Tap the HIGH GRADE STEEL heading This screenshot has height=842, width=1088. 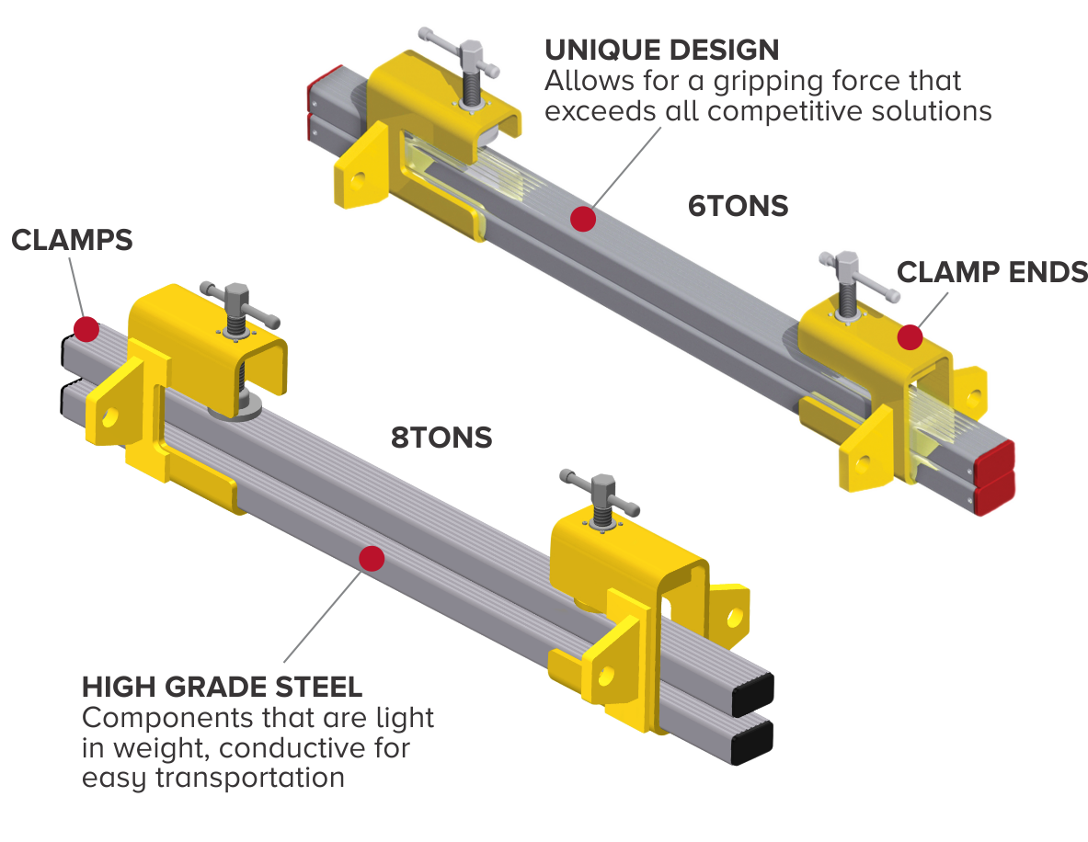coord(222,686)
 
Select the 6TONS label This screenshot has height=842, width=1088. coord(738,206)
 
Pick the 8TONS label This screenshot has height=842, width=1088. coord(441,438)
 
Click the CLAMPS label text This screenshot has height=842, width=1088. coord(72,241)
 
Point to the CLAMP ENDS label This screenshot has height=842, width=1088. coord(991,272)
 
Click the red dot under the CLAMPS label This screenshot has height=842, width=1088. coord(86,328)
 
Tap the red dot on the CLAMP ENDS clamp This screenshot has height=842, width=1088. coord(910,337)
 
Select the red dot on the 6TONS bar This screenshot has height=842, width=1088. coord(581,219)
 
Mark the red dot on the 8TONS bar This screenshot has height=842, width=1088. coord(372,558)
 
